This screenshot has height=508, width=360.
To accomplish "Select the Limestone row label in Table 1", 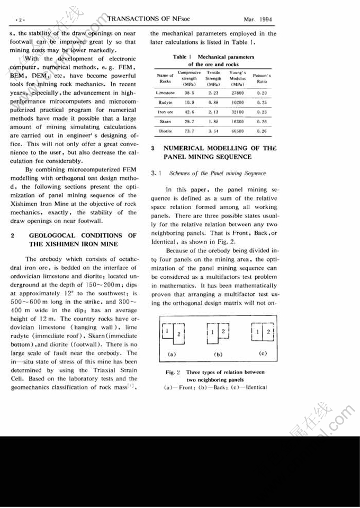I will tap(166, 93).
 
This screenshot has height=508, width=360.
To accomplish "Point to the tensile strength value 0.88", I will tap(213, 102).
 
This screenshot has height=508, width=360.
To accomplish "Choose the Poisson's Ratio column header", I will tap(262, 79).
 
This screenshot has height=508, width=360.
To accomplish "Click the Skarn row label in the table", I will tap(165, 121).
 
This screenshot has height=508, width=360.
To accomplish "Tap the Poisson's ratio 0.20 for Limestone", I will tap(262, 93).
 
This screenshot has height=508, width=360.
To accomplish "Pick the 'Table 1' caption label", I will tap(183, 57).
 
